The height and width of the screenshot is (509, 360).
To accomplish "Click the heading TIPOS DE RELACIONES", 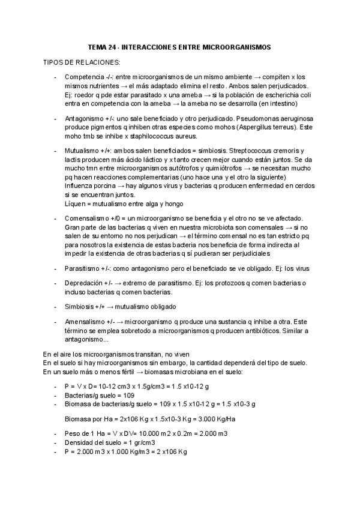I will [81, 62].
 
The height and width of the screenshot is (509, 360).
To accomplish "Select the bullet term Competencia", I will [83, 77].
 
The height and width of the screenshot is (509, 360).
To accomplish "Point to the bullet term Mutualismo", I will [82, 150].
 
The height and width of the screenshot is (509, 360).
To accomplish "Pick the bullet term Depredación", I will [84, 283].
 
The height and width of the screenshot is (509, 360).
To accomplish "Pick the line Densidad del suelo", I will [104, 442].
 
